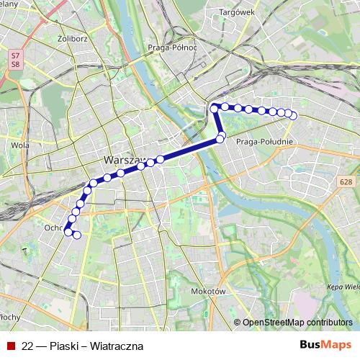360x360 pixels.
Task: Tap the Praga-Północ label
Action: (176, 48)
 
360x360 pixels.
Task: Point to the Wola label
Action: (20, 145)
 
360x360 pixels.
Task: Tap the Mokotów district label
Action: (210, 292)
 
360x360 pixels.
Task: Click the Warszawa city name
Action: (125, 160)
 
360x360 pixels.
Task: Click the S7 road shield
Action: (15, 54)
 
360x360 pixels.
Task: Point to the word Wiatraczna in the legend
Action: (118, 346)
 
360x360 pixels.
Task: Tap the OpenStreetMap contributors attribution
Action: (297, 323)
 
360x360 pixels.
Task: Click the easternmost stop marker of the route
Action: (293, 116)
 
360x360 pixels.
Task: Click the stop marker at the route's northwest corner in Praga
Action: (214, 108)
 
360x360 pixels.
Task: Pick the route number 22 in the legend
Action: (27, 346)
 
